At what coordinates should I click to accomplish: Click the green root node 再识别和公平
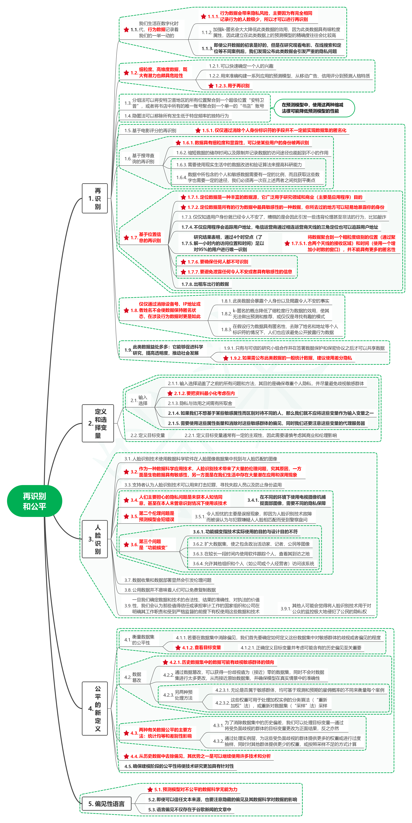coord(34,501)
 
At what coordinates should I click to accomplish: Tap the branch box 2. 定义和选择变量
coord(98,423)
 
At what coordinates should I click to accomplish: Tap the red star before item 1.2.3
coord(211,86)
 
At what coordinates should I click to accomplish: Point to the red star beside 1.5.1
coord(198,130)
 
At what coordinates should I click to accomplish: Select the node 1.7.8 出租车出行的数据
coord(205,284)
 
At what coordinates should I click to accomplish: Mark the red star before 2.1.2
coord(170,393)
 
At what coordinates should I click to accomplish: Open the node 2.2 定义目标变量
coord(148,435)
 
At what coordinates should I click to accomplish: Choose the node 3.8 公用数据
coord(170,590)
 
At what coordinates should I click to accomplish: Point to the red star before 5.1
coord(150,789)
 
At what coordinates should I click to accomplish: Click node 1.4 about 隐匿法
coord(176,116)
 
